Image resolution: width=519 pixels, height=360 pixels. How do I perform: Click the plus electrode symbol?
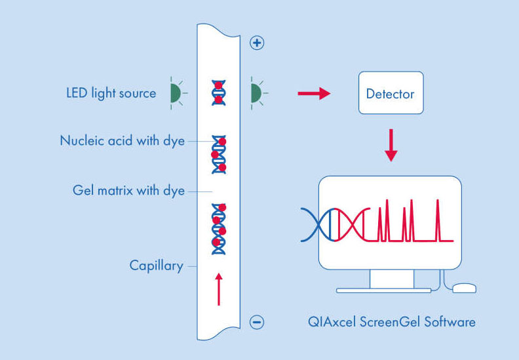(258, 43)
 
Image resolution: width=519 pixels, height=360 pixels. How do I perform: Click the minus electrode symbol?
(258, 322)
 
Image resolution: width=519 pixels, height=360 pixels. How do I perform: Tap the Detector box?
(390, 94)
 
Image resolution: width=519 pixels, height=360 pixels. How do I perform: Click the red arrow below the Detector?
(391, 145)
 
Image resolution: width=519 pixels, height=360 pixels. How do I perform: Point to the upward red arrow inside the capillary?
(219, 289)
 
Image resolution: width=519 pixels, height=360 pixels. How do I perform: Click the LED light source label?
(111, 93)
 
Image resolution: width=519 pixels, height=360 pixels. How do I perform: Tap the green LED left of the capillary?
(175, 94)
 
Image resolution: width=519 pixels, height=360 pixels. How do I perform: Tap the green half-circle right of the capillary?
(256, 93)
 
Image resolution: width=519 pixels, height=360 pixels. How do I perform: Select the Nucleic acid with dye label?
(122, 140)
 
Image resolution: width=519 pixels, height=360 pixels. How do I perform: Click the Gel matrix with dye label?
(128, 191)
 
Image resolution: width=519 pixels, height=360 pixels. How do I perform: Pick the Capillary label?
(156, 266)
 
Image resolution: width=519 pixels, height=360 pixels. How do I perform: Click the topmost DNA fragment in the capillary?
(218, 92)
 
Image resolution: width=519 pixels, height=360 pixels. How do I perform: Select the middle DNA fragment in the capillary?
(218, 155)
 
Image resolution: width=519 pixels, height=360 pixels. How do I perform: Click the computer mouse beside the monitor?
(464, 287)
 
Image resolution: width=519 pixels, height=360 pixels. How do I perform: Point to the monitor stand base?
(383, 290)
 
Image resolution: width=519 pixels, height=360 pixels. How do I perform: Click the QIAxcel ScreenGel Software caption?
(392, 322)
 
